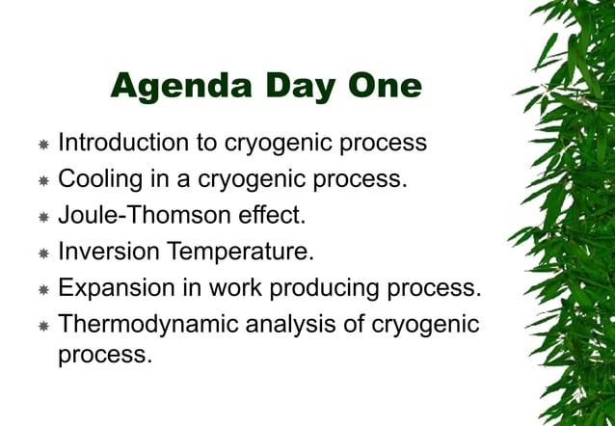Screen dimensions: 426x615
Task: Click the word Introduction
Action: tap(122, 144)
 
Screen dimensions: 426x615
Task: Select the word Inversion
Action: tap(109, 253)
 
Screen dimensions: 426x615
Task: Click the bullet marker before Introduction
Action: tap(43, 146)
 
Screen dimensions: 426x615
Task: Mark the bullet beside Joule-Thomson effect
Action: tap(43, 218)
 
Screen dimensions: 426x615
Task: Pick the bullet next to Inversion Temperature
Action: tap(43, 254)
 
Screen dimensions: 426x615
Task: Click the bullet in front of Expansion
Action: tap(43, 290)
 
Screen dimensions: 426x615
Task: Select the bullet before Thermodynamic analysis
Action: tap(43, 327)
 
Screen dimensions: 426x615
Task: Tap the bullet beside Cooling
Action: tap(43, 181)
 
